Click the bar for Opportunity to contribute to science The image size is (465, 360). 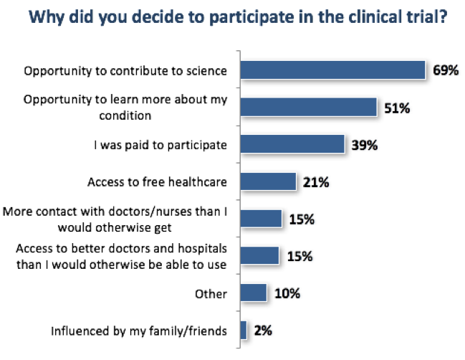coord(334,70)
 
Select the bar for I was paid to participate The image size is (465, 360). coord(292,144)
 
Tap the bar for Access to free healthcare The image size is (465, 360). coord(268,181)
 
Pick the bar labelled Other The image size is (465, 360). coord(253,293)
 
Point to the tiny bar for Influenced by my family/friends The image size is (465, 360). coord(244,331)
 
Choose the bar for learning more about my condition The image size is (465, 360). coord(309,107)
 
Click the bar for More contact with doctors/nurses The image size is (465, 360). coord(261,219)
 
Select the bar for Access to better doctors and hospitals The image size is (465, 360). coord(260,256)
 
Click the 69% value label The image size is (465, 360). coord(445,70)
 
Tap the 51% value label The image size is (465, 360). coord(396,108)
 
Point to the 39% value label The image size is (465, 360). coord(364,145)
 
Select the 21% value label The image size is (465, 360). coord(315,182)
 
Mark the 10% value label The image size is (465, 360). coord(286,294)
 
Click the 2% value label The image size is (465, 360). coord(262,331)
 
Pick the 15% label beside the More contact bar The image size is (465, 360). coord(301,219)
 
